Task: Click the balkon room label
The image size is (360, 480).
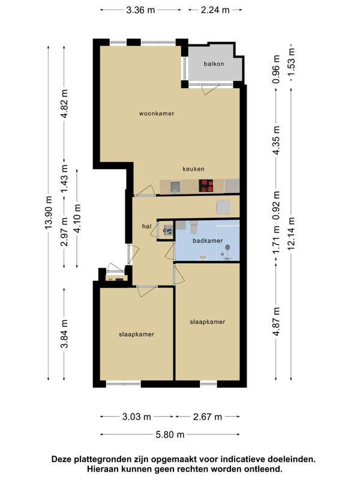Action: click(214, 64)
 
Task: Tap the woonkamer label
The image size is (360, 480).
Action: click(157, 113)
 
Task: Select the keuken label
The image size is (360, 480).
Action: click(193, 169)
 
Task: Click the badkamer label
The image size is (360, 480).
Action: click(208, 241)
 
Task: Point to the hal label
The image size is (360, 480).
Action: click(146, 227)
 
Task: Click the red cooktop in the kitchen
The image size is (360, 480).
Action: click(206, 185)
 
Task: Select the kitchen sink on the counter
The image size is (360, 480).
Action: click(175, 187)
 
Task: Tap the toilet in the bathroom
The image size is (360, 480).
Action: click(194, 227)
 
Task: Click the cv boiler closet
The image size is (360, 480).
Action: click(166, 230)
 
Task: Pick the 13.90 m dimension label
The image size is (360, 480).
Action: click(49, 212)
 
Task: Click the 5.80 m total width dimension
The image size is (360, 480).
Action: click(170, 434)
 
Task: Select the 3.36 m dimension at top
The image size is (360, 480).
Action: click(141, 10)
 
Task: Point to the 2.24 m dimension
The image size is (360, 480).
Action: click(215, 10)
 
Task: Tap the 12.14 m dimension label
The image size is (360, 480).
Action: click(291, 233)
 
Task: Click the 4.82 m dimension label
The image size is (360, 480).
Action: click(64, 103)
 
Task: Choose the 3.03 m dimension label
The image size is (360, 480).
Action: click(137, 416)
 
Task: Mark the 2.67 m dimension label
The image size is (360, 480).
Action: click(208, 416)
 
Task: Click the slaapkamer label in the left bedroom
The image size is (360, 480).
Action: click(137, 334)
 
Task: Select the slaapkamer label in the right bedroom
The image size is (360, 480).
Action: click(208, 322)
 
